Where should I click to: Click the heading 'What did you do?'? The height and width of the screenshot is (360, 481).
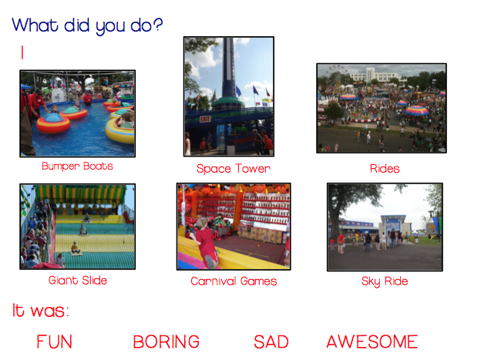87,25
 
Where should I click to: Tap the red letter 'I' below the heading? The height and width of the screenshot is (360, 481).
22,52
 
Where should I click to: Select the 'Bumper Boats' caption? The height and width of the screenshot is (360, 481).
77,166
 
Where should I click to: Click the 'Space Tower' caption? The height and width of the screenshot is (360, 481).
234,169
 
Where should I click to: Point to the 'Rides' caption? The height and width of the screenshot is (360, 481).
385,169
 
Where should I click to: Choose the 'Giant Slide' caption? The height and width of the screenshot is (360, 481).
78,280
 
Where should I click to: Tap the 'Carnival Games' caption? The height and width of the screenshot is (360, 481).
234,281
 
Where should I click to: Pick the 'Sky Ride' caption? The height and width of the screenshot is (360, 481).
385,281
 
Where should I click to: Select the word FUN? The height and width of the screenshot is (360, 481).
54,341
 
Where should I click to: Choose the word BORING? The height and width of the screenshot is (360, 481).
166,341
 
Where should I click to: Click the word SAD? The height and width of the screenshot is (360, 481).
271,341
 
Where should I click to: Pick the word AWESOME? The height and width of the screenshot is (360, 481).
372,341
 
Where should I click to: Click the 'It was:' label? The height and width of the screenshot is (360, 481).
41,311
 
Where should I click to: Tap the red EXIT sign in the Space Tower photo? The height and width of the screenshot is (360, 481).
205,119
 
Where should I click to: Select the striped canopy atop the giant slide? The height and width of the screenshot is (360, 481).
81,194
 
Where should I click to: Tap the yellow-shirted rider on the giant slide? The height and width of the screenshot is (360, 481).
75,247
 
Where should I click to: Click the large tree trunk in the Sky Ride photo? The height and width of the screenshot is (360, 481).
335,221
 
